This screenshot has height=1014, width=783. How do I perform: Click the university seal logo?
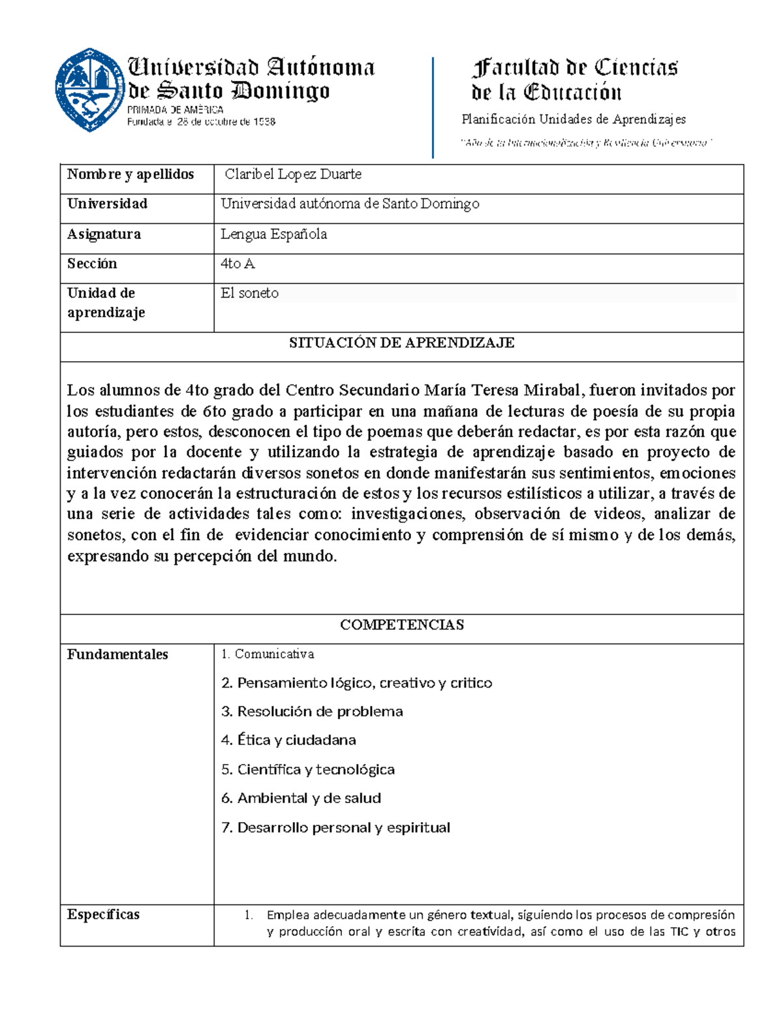(89, 89)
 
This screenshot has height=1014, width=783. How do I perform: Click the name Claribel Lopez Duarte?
(292, 174)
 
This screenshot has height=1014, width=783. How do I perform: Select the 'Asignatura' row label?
(104, 234)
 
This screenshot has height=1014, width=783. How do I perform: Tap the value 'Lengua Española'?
(273, 234)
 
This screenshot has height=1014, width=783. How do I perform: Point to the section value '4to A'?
(238, 264)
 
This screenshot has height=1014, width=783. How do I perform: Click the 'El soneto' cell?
(249, 293)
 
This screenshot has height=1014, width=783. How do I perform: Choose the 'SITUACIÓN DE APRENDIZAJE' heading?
(401, 343)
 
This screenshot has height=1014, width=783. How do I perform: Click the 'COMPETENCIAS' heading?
(401, 625)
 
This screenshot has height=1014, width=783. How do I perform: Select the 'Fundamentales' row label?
(117, 654)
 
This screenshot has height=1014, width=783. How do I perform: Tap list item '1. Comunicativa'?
(268, 654)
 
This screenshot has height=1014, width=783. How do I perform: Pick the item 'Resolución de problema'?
(312, 712)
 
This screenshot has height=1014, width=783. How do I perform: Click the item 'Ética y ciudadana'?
(288, 740)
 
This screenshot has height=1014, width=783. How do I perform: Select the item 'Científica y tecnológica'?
(307, 770)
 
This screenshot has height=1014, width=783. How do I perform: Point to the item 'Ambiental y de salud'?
(301, 799)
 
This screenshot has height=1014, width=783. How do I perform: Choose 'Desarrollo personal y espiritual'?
(335, 828)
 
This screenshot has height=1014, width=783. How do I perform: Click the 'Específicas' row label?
(103, 914)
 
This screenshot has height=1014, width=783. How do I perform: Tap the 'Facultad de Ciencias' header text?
(574, 67)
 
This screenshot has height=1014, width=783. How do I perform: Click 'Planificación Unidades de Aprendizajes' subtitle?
(574, 119)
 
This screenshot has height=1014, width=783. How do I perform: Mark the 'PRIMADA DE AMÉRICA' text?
(175, 110)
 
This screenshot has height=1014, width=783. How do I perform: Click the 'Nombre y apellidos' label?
(130, 174)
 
